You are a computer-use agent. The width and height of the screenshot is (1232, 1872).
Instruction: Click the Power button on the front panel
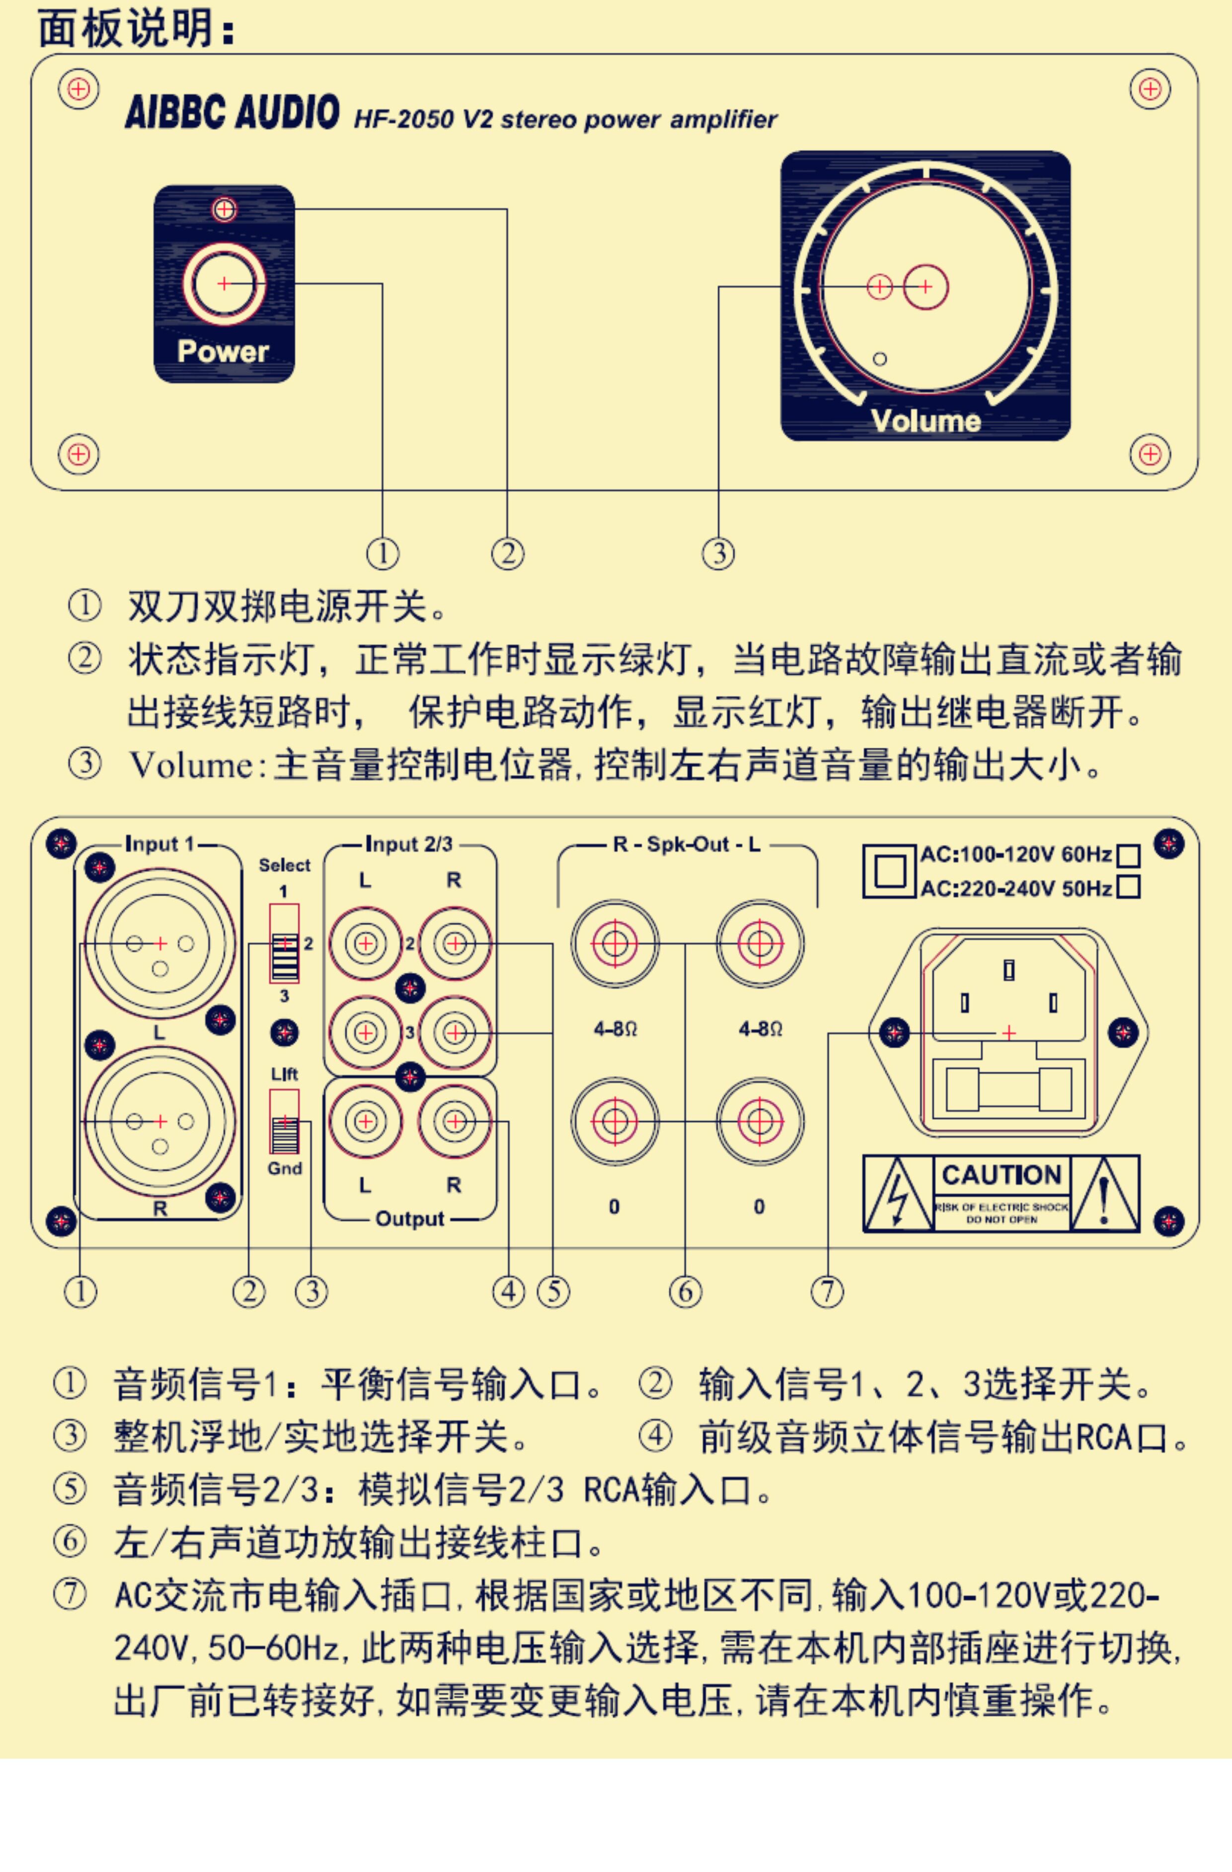224,283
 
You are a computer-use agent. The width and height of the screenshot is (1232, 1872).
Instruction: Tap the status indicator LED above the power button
224,209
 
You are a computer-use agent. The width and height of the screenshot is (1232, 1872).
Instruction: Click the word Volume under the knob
926,421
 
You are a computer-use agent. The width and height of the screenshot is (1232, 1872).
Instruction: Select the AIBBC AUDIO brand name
232,112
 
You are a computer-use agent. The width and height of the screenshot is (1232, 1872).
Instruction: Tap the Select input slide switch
285,943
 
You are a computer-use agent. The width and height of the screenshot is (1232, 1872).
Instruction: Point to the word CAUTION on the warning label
1001,1175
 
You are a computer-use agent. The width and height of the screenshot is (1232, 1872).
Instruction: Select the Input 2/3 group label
409,845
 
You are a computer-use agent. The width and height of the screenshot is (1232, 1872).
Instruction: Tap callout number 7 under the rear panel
827,1292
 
